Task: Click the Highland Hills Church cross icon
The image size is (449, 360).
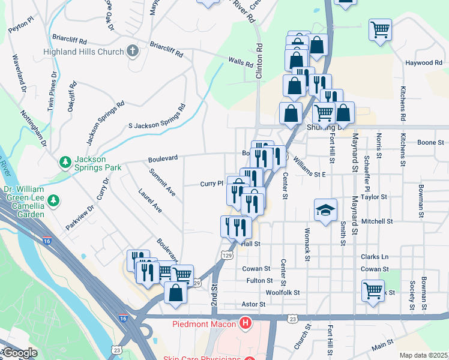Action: (x=133, y=52)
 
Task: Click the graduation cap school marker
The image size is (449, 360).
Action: (x=325, y=210)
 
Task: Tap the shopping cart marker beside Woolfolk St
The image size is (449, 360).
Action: (x=373, y=290)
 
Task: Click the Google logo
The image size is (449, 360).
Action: (x=19, y=353)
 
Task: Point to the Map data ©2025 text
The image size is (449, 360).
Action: (x=423, y=355)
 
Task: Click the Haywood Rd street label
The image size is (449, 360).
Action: (x=423, y=63)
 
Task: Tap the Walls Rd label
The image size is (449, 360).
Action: (x=240, y=61)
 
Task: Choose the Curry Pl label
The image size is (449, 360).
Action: (x=212, y=184)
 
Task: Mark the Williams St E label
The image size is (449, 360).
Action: (x=309, y=174)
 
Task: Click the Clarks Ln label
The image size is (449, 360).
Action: (x=375, y=257)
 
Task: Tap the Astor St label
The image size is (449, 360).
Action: (x=253, y=305)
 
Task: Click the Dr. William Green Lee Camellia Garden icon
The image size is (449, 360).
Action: (x=54, y=199)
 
